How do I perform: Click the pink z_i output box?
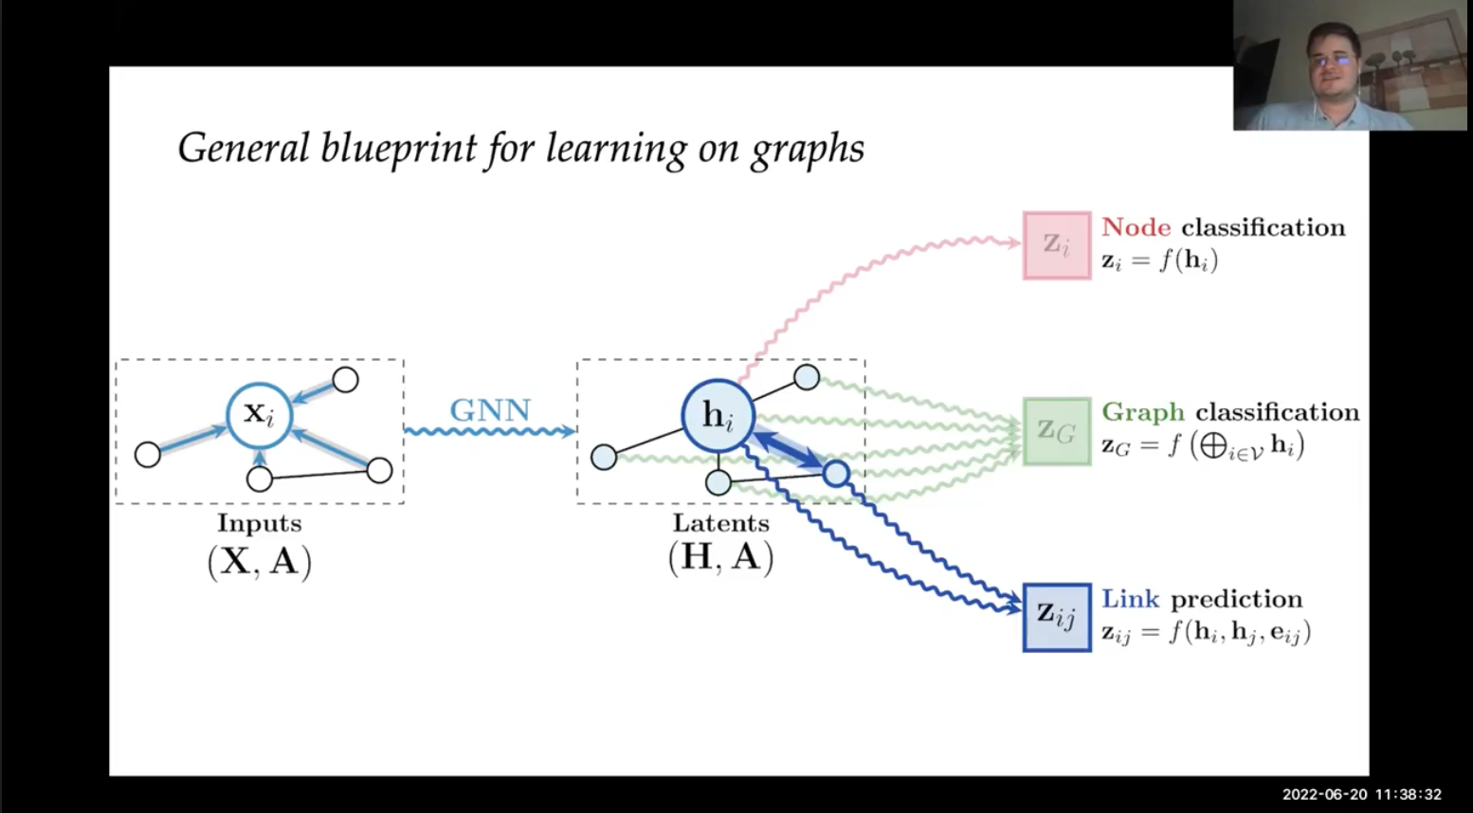pos(1057,245)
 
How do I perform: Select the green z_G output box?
pos(1057,431)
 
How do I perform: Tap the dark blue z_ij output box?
pos(1057,617)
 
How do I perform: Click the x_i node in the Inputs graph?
pos(259,415)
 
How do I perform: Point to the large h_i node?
pos(718,416)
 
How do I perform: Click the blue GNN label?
pos(490,410)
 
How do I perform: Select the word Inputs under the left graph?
pos(260,523)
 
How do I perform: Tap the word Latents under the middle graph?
pos(720,523)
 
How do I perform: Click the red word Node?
pos(1136,227)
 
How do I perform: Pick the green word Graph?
pos(1142,413)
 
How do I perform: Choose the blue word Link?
pos(1130,599)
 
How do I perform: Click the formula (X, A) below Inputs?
pos(259,561)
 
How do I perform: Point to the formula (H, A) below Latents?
pos(720,557)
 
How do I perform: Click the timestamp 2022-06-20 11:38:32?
pos(1361,794)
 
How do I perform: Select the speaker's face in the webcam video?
pos(1333,59)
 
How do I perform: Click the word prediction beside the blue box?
pos(1236,599)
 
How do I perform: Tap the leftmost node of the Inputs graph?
pos(148,455)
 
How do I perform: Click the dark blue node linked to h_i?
pos(836,473)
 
